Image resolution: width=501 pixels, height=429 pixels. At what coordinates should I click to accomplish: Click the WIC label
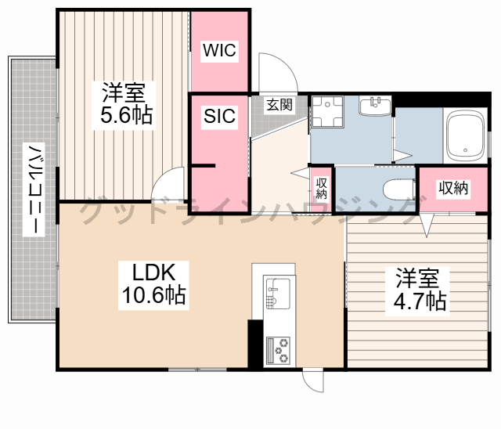click(x=219, y=50)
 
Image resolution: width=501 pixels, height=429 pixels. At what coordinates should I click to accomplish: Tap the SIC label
click(x=219, y=116)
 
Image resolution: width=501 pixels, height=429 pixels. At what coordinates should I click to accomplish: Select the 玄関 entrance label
click(x=279, y=104)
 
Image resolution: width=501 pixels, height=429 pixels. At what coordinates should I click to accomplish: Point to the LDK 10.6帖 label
click(x=153, y=285)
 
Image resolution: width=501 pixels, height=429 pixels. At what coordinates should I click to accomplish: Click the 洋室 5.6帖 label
click(x=124, y=105)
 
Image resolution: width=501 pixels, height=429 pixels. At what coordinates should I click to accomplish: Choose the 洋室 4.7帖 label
click(x=417, y=291)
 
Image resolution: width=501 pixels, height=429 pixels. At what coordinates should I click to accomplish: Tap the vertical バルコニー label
click(x=34, y=189)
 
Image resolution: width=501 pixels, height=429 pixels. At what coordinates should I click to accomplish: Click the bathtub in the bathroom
click(x=465, y=136)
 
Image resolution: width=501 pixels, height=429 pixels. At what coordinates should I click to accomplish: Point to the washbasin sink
click(x=375, y=106)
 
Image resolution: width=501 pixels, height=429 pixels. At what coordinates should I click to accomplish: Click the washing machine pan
click(x=327, y=112)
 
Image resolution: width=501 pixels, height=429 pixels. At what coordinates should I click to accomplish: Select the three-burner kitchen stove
click(x=278, y=351)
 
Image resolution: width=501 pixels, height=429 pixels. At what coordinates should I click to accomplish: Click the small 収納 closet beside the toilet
click(x=321, y=189)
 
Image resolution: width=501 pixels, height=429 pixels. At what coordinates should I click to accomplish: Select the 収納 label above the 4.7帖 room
click(x=453, y=188)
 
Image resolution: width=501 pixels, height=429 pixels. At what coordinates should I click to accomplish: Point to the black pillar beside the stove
click(x=255, y=344)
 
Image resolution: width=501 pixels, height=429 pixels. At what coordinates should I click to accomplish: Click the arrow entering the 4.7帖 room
click(x=427, y=225)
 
